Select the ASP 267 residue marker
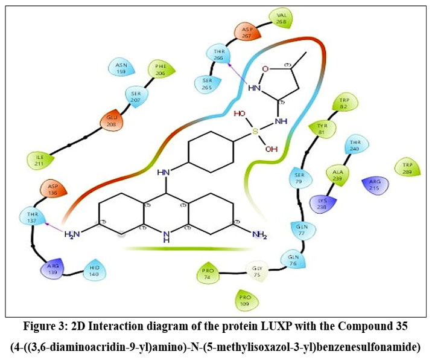247,33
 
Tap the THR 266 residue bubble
218,53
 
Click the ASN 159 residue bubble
121,67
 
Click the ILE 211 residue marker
39,160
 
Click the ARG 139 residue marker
52,268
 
